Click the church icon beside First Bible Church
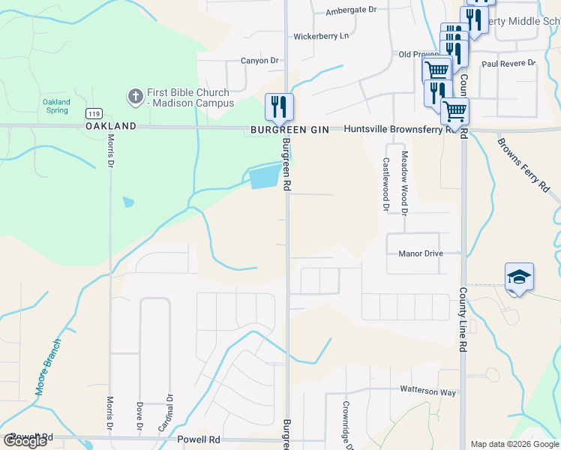(x=135, y=96)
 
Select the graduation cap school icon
(x=519, y=277)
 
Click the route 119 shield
(x=94, y=113)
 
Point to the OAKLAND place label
(x=111, y=127)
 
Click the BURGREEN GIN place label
(x=290, y=130)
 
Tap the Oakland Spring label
(x=56, y=106)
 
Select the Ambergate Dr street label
(x=351, y=10)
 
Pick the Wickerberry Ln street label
(x=321, y=36)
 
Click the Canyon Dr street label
(x=259, y=61)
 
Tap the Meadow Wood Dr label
(x=403, y=183)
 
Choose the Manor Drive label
(x=421, y=253)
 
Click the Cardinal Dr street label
(x=169, y=413)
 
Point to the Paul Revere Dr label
(x=508, y=64)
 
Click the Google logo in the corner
(x=25, y=441)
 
